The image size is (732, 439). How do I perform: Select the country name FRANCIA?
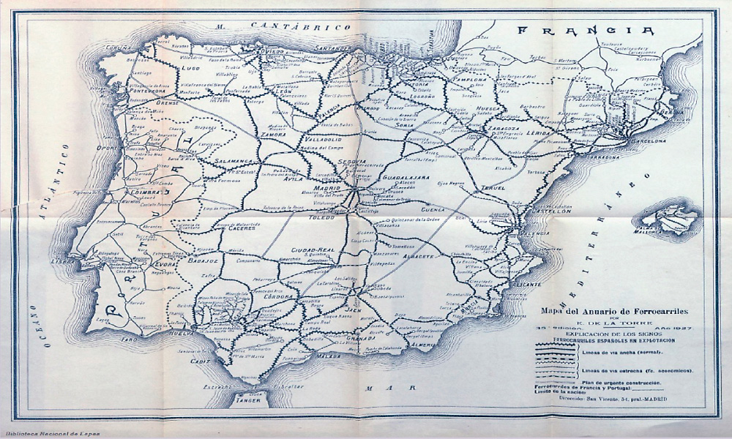pyautogui.click(x=586, y=31)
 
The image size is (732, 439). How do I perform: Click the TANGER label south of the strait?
pyautogui.click(x=249, y=400)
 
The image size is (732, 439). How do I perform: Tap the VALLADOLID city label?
pyautogui.click(x=318, y=138)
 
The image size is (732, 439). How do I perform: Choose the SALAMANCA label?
pyautogui.click(x=234, y=160)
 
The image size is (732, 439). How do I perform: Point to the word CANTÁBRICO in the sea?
pyautogui.click(x=299, y=26)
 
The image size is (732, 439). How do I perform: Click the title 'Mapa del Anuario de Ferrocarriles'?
pyautogui.click(x=611, y=309)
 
